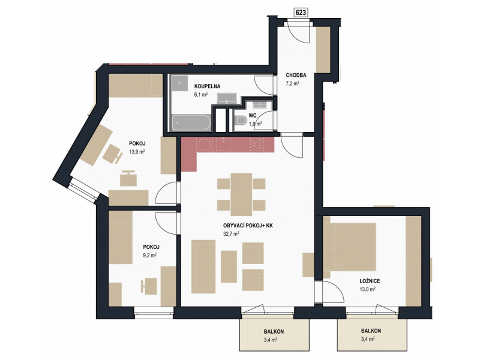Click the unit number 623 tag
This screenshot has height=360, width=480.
pos(301,12)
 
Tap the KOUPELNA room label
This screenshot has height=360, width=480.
pos(207,86)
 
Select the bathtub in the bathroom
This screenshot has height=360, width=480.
pos(191,123)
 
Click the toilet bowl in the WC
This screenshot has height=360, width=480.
pos(241,120)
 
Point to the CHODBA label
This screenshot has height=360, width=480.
pos(296,76)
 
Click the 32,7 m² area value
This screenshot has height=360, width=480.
pos(231,233)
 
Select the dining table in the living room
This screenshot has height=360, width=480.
pos(241,194)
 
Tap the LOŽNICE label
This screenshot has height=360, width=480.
pos(370,281)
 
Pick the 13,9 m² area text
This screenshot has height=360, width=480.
pos(137,151)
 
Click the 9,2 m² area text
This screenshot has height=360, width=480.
pos(150,254)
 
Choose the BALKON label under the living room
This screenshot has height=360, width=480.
pos(274,332)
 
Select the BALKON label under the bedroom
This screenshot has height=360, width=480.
pos(371,331)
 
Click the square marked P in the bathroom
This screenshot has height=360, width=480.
pos(179,83)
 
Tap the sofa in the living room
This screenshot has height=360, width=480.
pos(203,266)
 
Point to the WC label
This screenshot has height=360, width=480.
pos(252,116)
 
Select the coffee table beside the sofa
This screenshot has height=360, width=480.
pos(229,266)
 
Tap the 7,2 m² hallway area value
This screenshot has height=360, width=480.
pos(292,83)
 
